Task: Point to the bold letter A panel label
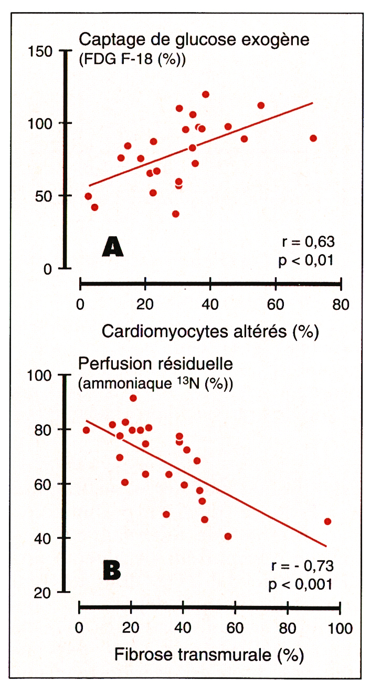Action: [113, 246]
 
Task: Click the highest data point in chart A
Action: [205, 95]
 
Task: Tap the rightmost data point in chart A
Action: [313, 138]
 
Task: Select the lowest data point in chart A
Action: [176, 214]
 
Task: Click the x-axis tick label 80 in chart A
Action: [341, 304]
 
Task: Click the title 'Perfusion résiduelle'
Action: [155, 363]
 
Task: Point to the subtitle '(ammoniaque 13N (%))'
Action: [155, 384]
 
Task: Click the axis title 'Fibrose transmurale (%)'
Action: [209, 655]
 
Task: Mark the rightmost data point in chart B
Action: [327, 521]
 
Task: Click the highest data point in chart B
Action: [133, 398]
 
